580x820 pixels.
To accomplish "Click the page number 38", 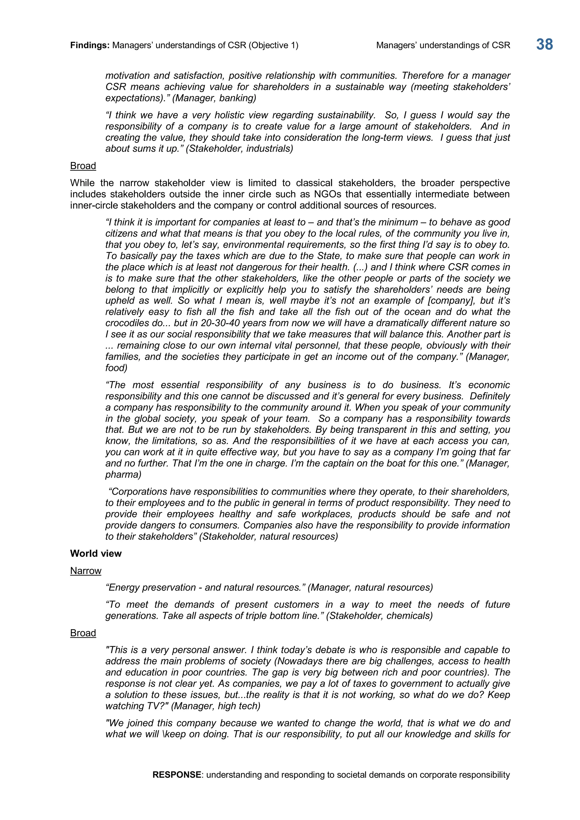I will click(x=544, y=45).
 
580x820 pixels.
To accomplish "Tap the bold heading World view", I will click(x=96, y=554).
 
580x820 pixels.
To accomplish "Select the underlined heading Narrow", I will click(x=86, y=571).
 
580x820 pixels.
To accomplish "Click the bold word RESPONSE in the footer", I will click(x=177, y=775).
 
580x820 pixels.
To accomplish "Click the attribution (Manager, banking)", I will click(x=214, y=98).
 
